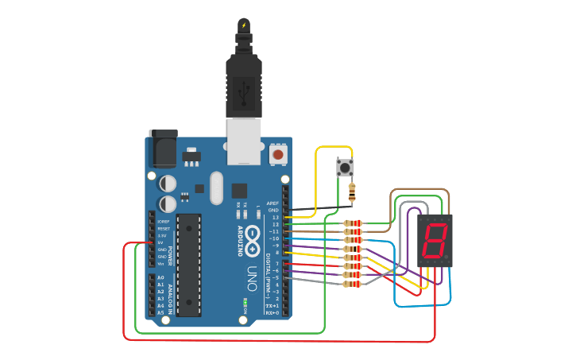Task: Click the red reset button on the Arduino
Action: pyautogui.click(x=278, y=153)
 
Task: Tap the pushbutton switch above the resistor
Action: pyautogui.click(x=345, y=168)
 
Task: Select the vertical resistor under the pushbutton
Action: pyautogui.click(x=352, y=192)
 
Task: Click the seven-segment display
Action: pyautogui.click(x=435, y=240)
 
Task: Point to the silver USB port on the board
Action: pyautogui.click(x=244, y=141)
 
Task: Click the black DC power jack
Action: pyautogui.click(x=163, y=149)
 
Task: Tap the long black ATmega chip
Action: pyautogui.click(x=188, y=265)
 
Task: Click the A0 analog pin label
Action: pyautogui.click(x=160, y=277)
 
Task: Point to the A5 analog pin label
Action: pyautogui.click(x=160, y=313)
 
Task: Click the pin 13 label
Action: pyautogui.click(x=275, y=217)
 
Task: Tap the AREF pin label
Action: pyautogui.click(x=273, y=203)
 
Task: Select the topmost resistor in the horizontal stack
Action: pyautogui.click(x=353, y=223)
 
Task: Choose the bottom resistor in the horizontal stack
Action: pyautogui.click(x=353, y=283)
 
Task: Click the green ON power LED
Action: pyautogui.click(x=245, y=302)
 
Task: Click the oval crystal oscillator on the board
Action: pyautogui.click(x=217, y=188)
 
